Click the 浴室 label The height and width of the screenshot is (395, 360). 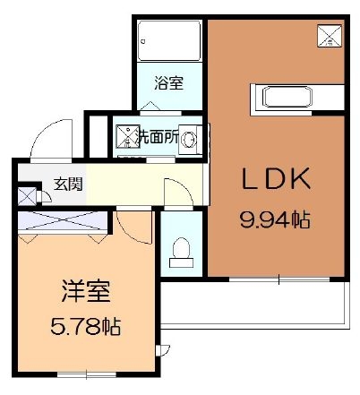(168, 82)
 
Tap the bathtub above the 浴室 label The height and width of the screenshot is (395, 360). (169, 40)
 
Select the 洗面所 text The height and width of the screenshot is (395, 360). (157, 137)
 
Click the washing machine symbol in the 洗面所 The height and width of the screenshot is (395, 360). (128, 136)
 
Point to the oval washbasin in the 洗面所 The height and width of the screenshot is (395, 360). (188, 139)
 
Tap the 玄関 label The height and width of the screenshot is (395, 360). (68, 184)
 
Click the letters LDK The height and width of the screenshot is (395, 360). (276, 178)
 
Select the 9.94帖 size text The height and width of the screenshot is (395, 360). (275, 220)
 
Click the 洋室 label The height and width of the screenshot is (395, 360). (86, 291)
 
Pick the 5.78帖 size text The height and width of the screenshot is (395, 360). (85, 326)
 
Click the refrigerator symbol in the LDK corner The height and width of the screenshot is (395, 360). (330, 35)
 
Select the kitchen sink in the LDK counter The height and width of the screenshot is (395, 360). (287, 97)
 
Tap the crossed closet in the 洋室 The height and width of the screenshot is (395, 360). (63, 220)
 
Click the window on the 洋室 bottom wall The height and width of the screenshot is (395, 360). (86, 374)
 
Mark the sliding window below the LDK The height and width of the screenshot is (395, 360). (279, 279)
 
